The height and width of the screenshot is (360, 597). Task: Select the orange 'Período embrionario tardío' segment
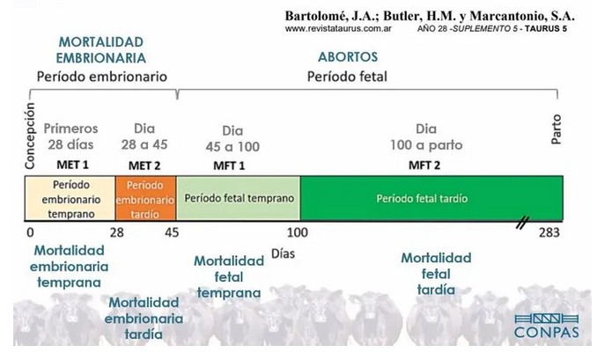(146, 199)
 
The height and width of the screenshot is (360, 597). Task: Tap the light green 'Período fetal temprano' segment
(239, 199)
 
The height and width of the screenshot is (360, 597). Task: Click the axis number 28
(115, 233)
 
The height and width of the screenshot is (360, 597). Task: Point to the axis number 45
(173, 233)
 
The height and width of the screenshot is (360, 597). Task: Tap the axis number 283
(551, 233)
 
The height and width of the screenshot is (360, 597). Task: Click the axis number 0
(30, 233)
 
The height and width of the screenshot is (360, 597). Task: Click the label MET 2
(145, 165)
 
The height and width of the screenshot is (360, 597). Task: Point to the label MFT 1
(230, 165)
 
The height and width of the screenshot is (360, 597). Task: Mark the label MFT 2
(426, 165)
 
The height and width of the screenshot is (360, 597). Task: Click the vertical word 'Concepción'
(30, 136)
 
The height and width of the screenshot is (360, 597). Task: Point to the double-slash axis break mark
(522, 225)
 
